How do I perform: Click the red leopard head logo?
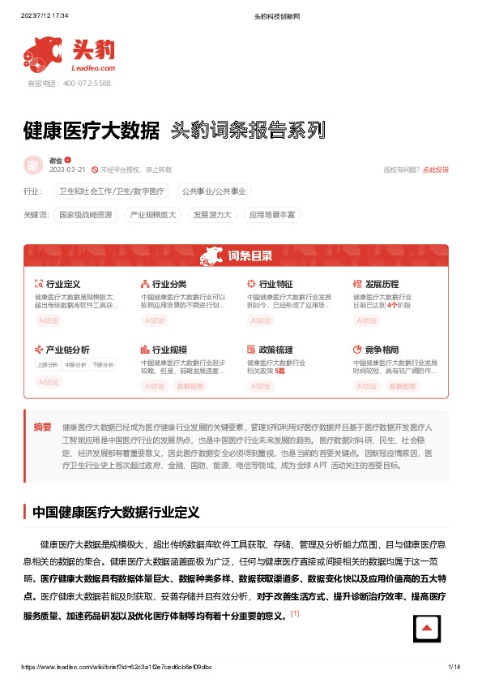(45, 55)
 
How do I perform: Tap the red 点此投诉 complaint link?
(436, 170)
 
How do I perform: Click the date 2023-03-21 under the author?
(68, 170)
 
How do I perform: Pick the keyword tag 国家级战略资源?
(87, 215)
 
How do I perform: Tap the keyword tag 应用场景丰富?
(272, 215)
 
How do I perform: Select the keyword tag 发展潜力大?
(211, 215)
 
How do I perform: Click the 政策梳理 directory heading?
(275, 350)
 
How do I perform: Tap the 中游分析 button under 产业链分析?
(75, 365)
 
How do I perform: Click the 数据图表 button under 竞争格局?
(403, 387)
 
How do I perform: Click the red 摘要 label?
(42, 427)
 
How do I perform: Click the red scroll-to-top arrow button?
(427, 629)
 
